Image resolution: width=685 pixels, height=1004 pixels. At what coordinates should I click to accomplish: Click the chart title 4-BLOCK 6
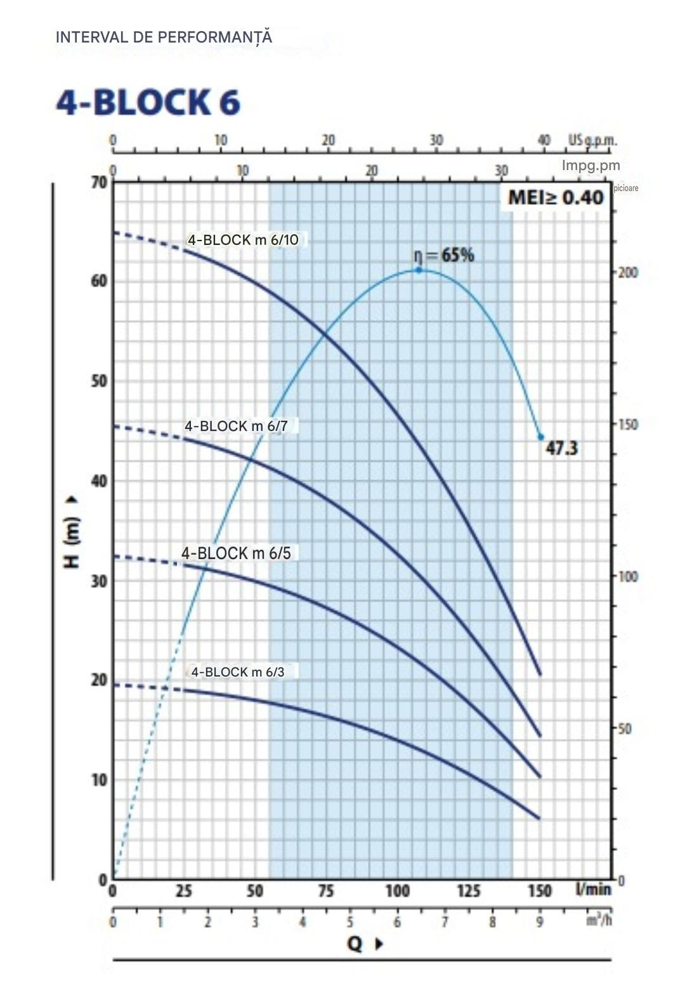pos(148,103)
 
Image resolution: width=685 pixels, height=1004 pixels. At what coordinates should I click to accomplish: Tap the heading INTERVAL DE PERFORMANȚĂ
pos(164,37)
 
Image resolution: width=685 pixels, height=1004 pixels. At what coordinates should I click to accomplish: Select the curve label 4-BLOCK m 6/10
pos(243,240)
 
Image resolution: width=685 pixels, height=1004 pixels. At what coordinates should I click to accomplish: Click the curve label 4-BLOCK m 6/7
pos(236,426)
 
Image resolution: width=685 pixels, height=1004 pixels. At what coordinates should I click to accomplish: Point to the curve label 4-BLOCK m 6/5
pos(236,553)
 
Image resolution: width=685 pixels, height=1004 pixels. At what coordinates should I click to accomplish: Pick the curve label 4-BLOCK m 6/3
pos(238,671)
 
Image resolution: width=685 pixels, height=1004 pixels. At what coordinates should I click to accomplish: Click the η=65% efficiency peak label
pos(444,255)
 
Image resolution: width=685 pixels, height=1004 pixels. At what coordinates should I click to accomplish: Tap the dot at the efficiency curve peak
pos(419,270)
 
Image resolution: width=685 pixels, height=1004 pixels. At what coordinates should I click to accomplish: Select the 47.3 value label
pos(562,448)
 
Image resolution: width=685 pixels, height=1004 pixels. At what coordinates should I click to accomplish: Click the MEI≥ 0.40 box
pos(556,197)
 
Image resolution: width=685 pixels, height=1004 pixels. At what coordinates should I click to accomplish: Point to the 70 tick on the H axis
pos(100,183)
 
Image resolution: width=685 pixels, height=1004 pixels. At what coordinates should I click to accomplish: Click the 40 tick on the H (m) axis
pos(100,481)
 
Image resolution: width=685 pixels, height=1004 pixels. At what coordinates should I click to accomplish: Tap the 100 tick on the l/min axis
pos(398,891)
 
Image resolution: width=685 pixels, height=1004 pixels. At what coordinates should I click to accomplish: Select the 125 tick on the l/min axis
pos(469,891)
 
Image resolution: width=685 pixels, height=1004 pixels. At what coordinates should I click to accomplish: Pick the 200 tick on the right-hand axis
pos(628,272)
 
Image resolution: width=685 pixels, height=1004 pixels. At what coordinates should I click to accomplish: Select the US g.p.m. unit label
pos(592,140)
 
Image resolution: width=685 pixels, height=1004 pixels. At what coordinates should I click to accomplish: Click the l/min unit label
pos(593,890)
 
